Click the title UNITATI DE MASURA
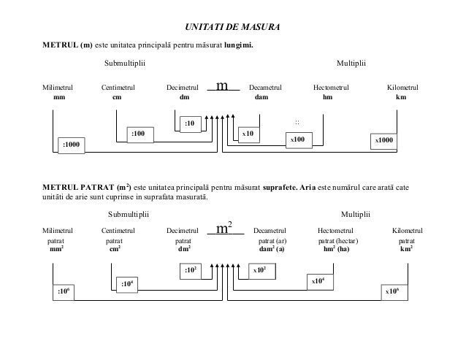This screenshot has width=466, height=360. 232,28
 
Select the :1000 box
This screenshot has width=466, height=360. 72,145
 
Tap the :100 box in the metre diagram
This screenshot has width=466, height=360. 138,134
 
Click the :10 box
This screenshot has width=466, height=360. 190,123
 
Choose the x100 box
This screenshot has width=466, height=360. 298,139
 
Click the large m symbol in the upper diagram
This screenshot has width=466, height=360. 224,87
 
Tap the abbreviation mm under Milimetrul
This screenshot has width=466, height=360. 59,97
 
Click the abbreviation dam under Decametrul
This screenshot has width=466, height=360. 261,97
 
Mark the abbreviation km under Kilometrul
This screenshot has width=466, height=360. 400,97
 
